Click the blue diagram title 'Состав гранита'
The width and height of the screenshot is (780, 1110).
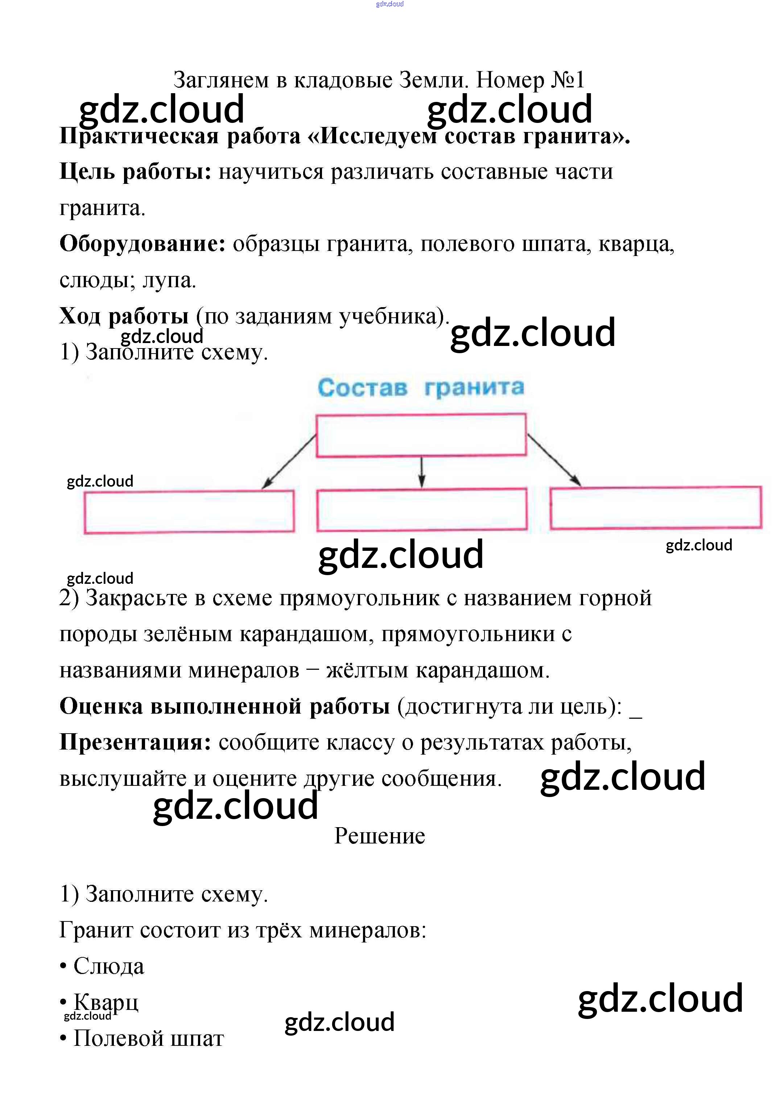420,388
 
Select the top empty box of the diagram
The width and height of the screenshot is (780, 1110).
421,435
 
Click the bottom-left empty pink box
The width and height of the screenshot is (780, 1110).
189,512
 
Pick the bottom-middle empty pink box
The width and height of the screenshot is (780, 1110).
421,509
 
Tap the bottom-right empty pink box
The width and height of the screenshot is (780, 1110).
655,508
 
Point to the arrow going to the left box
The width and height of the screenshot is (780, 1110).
289,461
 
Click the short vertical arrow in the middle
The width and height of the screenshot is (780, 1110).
422,472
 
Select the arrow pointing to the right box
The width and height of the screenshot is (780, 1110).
554,460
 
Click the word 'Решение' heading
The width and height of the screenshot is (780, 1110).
380,836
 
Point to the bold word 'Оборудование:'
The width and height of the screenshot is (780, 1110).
143,244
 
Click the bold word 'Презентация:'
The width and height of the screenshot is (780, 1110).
135,742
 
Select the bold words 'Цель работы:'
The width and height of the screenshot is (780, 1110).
135,172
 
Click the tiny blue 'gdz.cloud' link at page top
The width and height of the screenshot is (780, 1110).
390,4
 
